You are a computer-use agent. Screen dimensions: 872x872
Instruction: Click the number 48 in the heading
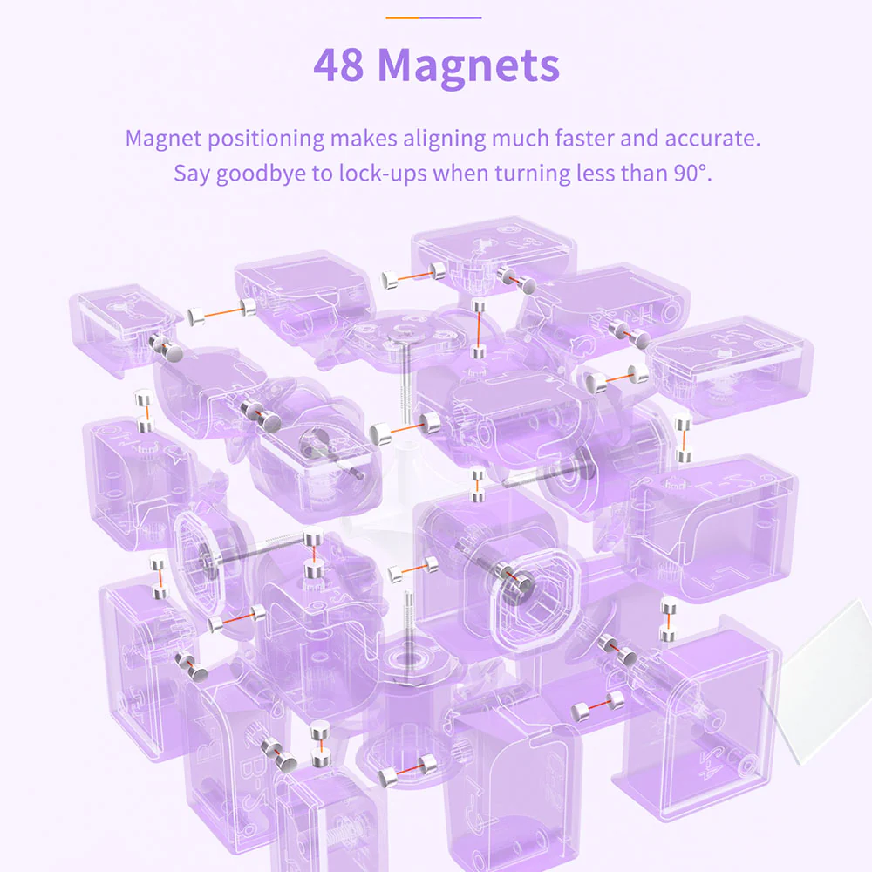coord(338,65)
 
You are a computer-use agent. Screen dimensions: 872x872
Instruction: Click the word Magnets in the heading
coord(469,67)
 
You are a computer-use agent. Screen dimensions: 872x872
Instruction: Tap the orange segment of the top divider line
coord(402,17)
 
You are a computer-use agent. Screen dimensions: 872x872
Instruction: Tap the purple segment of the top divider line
coord(450,17)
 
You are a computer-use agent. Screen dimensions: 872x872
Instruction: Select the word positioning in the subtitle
coord(266,139)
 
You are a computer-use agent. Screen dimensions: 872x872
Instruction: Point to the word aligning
coord(445,139)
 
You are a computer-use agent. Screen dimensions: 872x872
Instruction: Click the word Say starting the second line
coord(192,174)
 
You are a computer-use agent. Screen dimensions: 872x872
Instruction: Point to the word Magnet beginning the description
coord(164,139)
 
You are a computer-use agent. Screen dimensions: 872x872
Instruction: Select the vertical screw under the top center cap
coord(407,389)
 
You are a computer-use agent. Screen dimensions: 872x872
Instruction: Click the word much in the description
coord(521,138)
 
